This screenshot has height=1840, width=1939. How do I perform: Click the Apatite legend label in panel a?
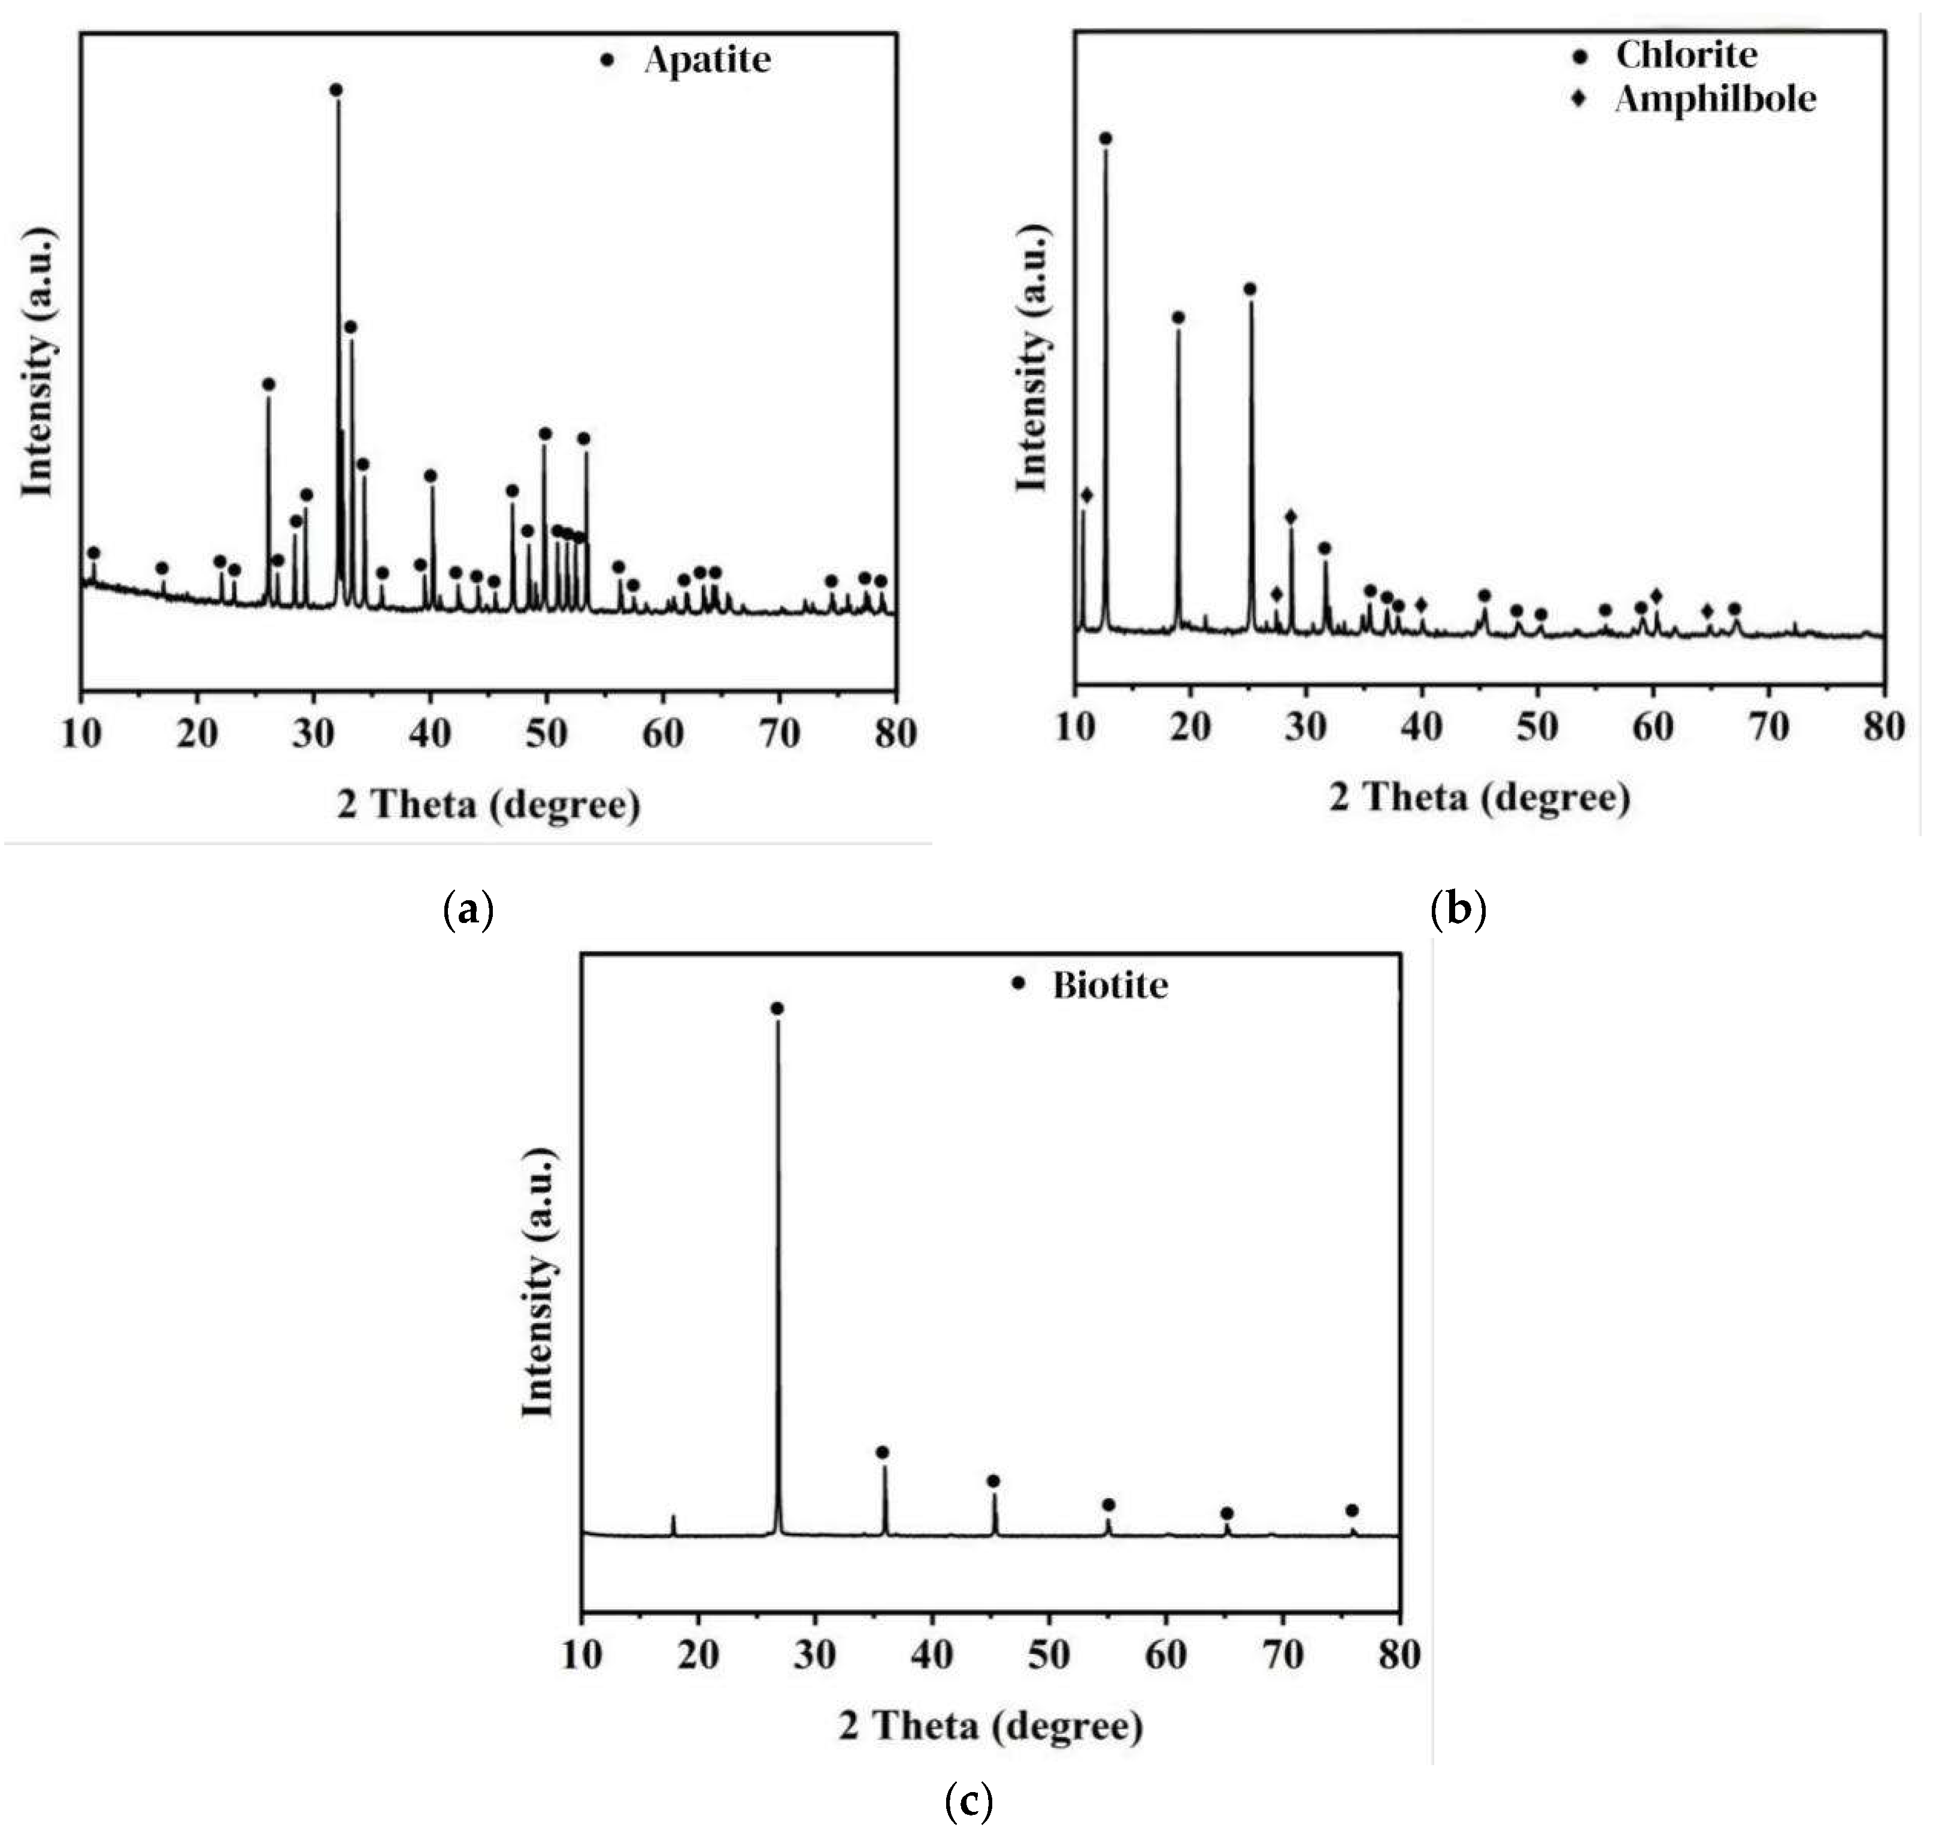[707, 60]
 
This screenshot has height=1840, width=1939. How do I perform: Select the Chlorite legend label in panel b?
[1686, 55]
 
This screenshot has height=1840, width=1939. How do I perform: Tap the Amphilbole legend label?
[1716, 99]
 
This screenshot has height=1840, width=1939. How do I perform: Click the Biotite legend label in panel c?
[1110, 985]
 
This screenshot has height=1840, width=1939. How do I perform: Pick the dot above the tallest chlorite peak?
[1105, 138]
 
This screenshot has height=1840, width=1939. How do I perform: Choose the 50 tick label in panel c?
[1049, 1655]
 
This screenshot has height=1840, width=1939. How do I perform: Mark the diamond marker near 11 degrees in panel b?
[1086, 495]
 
